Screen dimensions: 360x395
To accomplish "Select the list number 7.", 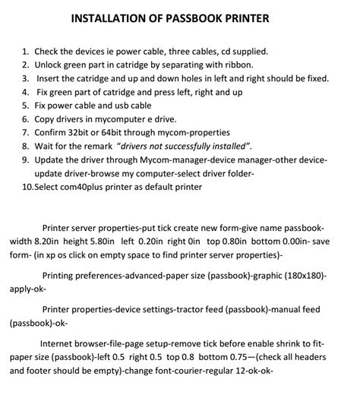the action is click(26, 131).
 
